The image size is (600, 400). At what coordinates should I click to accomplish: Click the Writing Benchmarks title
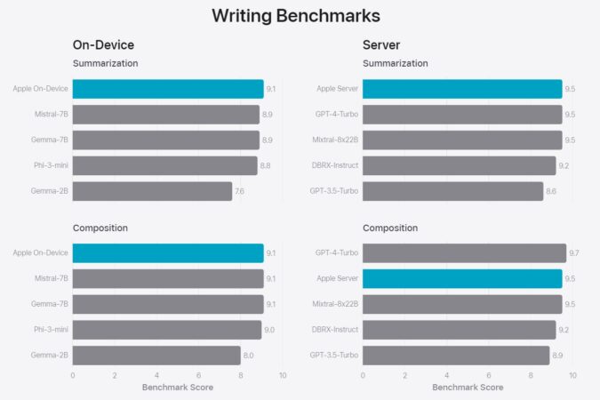(x=296, y=15)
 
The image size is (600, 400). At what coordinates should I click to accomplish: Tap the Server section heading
(x=382, y=44)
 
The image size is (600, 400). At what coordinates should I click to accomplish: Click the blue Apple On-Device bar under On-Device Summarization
(x=167, y=89)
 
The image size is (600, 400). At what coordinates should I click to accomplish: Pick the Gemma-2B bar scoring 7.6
(x=152, y=191)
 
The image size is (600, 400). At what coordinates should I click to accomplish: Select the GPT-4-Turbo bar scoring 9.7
(x=464, y=253)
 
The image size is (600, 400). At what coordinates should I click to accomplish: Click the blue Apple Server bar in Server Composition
(x=462, y=278)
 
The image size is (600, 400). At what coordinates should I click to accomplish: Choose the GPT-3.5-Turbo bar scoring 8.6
(x=452, y=191)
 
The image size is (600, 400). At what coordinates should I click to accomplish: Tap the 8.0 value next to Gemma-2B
(x=248, y=356)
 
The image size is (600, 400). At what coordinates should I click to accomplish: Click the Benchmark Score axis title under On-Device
(x=177, y=388)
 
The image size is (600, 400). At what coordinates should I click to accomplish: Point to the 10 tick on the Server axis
(x=572, y=376)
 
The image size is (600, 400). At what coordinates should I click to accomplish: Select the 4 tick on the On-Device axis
(x=156, y=376)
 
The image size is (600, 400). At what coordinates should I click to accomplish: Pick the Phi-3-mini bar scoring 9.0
(x=166, y=330)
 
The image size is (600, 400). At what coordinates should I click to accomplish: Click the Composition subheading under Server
(x=390, y=228)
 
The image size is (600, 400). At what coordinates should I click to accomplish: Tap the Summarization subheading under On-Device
(x=105, y=63)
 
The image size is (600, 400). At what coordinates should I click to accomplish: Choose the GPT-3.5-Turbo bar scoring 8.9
(x=456, y=356)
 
